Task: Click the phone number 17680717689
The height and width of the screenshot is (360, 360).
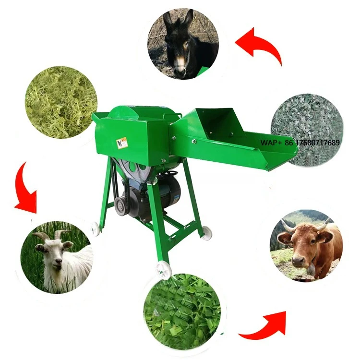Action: pos(314,143)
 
